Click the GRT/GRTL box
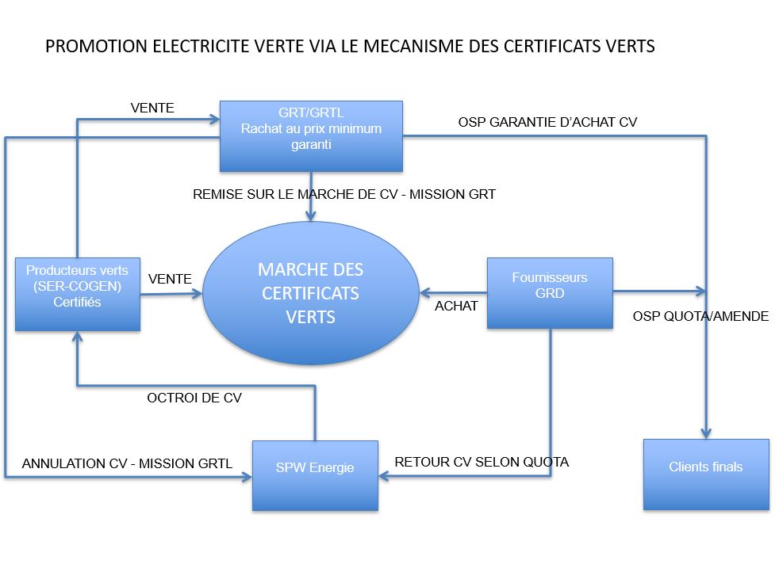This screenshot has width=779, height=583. tap(311, 136)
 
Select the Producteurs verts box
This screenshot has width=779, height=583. tap(78, 294)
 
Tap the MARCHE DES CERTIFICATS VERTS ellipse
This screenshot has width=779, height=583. tap(310, 293)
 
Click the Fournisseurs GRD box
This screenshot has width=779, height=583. tap(550, 293)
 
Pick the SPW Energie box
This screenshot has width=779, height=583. tap(315, 475)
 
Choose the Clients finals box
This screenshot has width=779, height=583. tap(706, 474)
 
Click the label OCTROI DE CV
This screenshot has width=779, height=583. tap(194, 398)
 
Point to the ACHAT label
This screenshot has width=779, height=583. tap(456, 306)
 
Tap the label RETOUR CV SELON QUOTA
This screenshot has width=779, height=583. tap(482, 462)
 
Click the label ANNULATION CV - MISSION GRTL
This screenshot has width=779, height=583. tap(127, 463)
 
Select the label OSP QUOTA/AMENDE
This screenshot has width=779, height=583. tap(700, 316)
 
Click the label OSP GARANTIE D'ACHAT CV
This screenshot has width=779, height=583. tap(547, 122)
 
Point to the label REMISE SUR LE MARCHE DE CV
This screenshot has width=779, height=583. tap(296, 194)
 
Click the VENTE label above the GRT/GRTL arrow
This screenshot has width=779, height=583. tap(152, 108)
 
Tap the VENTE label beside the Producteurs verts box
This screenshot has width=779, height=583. tap(170, 279)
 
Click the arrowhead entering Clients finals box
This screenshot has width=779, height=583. tap(706, 432)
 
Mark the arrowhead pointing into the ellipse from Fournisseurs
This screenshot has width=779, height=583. tap(425, 293)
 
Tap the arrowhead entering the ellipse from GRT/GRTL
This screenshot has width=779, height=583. tap(310, 215)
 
